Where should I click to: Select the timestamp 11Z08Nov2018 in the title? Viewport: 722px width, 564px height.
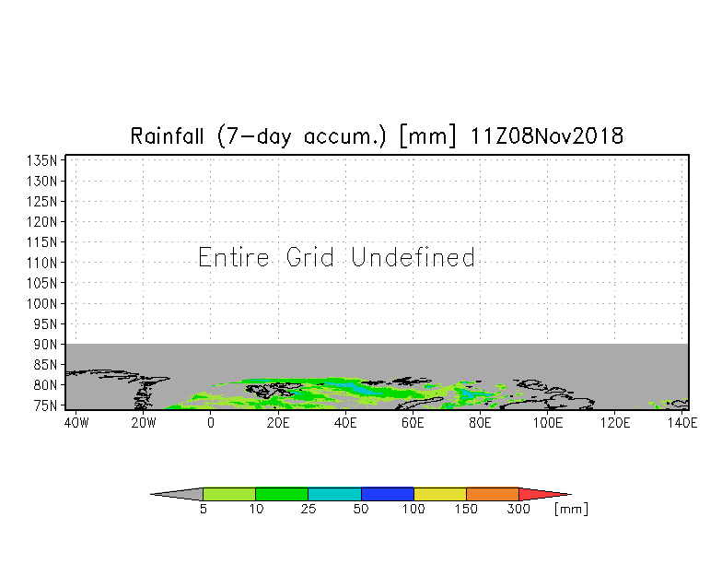pyautogui.click(x=547, y=136)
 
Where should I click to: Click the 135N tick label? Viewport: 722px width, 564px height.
pyautogui.click(x=43, y=160)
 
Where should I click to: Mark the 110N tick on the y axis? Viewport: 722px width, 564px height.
pyautogui.click(x=43, y=262)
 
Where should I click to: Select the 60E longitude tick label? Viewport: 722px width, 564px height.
pyautogui.click(x=413, y=423)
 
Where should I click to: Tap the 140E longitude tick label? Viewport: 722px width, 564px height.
pyautogui.click(x=682, y=423)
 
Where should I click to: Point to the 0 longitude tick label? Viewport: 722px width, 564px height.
pyautogui.click(x=211, y=423)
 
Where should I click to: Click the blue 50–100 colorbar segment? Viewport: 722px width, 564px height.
pyautogui.click(x=388, y=494)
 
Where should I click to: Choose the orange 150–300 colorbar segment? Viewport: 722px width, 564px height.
pyautogui.click(x=493, y=494)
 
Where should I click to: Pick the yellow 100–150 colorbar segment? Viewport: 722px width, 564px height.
pyautogui.click(x=440, y=494)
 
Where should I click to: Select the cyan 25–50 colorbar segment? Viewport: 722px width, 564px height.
pyautogui.click(x=334, y=494)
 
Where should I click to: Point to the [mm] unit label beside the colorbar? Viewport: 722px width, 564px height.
pyautogui.click(x=571, y=509)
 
